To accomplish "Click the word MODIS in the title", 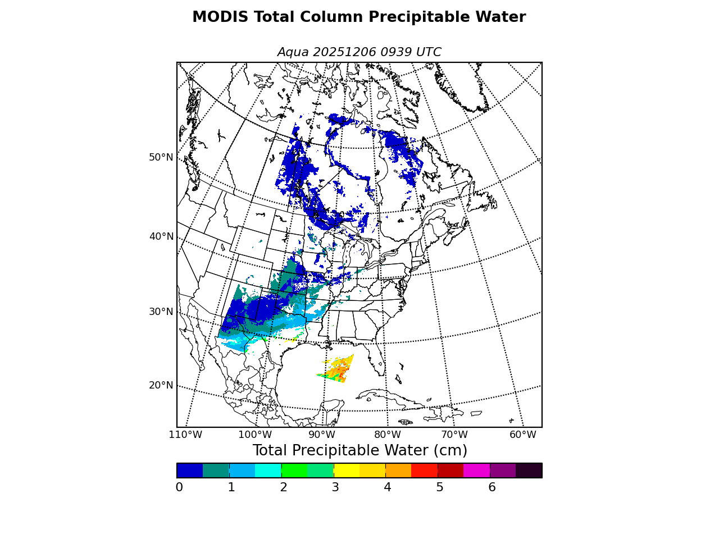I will coord(220,17).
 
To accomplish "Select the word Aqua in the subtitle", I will coord(293,52).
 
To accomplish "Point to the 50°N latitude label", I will coord(161,157).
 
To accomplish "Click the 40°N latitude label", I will coord(161,236).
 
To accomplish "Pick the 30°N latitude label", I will coord(161,312).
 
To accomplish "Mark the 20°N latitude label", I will coord(161,385).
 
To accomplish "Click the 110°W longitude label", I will coord(185,435).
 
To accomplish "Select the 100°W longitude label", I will coord(255,435).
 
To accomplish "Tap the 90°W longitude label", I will coord(322,435).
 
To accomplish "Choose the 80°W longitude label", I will coord(388,435).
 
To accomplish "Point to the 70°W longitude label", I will coord(454,435).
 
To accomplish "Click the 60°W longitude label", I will coord(523,435).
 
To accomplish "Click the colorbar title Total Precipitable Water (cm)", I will coord(359,451).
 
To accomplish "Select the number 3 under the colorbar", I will coord(335,487).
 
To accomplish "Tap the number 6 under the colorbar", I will coord(492,487).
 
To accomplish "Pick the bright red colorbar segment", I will coord(424,471).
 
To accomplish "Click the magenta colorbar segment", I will coord(476,471).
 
